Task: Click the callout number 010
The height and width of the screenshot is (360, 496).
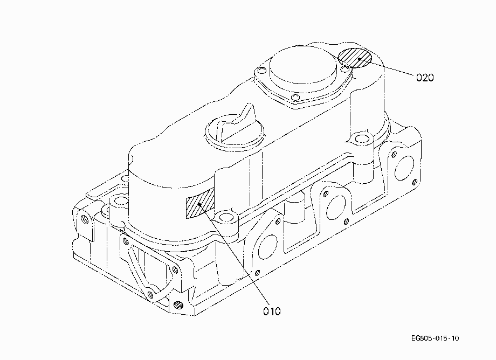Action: pyautogui.click(x=272, y=311)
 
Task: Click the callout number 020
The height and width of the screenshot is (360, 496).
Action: pyautogui.click(x=425, y=78)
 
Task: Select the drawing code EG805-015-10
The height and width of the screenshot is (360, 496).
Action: pyautogui.click(x=435, y=338)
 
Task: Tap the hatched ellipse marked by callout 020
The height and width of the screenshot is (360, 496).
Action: pyautogui.click(x=355, y=58)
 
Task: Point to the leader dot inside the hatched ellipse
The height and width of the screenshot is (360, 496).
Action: pyautogui.click(x=360, y=59)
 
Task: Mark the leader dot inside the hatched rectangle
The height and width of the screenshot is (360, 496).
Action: pyautogui.click(x=199, y=204)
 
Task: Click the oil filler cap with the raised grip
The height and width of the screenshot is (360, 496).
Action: pyautogui.click(x=235, y=129)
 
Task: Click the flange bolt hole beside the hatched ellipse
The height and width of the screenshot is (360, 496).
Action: pyautogui.click(x=346, y=68)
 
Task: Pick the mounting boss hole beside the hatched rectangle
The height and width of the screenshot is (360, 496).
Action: pyautogui.click(x=225, y=217)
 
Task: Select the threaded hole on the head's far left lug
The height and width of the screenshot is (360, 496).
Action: pyautogui.click(x=85, y=218)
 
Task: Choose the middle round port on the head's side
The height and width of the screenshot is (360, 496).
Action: pyautogui.click(x=336, y=207)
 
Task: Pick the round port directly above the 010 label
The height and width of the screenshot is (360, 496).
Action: pyautogui.click(x=267, y=247)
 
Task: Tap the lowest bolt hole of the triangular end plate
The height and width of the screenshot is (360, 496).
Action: pyautogui.click(x=150, y=295)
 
